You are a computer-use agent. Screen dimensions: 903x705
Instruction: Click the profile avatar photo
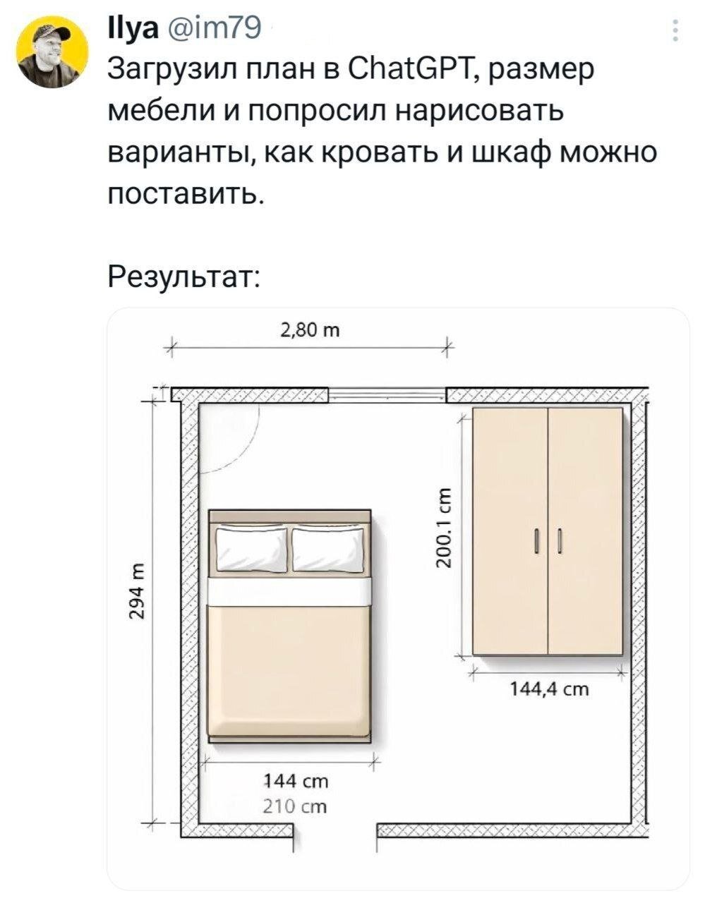tap(52, 54)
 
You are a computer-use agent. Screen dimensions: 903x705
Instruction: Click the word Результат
tap(183, 272)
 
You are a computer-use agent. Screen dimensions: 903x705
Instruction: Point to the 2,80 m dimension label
tap(310, 329)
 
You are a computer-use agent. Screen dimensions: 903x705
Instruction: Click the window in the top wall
tap(388, 395)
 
